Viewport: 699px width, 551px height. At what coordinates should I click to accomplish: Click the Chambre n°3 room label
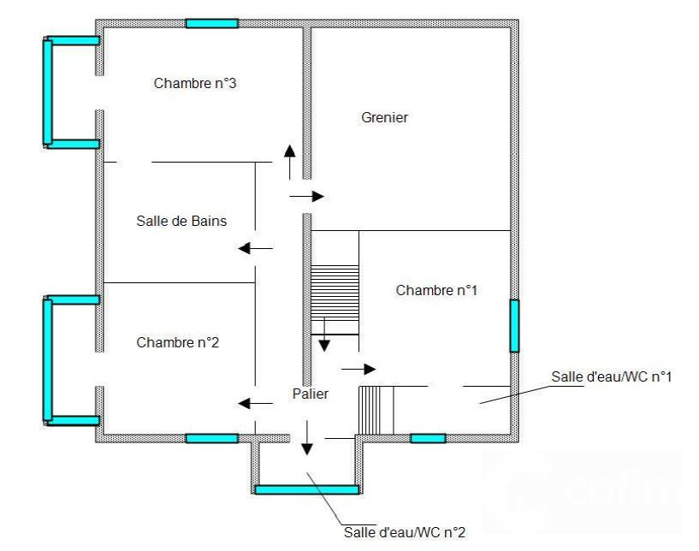click(x=195, y=83)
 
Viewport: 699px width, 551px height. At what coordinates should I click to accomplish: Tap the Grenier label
click(x=385, y=118)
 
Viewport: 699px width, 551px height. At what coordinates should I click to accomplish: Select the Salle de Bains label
click(x=181, y=221)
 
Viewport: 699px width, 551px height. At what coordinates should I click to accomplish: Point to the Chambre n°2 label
click(x=177, y=342)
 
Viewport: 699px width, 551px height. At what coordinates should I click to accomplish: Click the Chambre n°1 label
click(x=436, y=290)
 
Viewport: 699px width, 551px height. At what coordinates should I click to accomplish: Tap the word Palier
click(x=311, y=394)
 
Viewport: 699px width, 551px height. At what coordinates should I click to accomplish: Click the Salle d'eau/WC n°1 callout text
click(x=611, y=376)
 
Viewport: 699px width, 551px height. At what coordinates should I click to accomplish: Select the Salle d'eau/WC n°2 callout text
click(x=405, y=532)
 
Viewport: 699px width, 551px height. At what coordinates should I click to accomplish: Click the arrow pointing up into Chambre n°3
click(x=290, y=163)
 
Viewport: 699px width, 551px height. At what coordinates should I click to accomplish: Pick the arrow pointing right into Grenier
click(x=306, y=196)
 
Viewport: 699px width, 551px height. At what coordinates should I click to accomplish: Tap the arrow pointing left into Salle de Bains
click(x=256, y=248)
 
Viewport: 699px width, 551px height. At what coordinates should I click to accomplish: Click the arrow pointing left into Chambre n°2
click(x=256, y=404)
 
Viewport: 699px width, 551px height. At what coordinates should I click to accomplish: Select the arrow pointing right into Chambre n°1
click(x=358, y=369)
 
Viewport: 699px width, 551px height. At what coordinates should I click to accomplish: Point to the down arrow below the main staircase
click(x=324, y=335)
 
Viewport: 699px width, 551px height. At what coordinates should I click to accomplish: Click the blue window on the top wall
click(x=211, y=23)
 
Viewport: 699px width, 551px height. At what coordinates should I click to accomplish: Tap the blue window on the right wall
click(x=514, y=326)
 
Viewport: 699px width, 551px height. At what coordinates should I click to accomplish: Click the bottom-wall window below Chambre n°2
click(x=211, y=438)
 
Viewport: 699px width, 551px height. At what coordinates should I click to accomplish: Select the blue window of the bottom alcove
click(x=306, y=490)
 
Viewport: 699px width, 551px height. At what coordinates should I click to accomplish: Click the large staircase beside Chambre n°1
click(x=335, y=293)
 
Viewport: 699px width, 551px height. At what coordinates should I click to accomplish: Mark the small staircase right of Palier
click(x=376, y=410)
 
